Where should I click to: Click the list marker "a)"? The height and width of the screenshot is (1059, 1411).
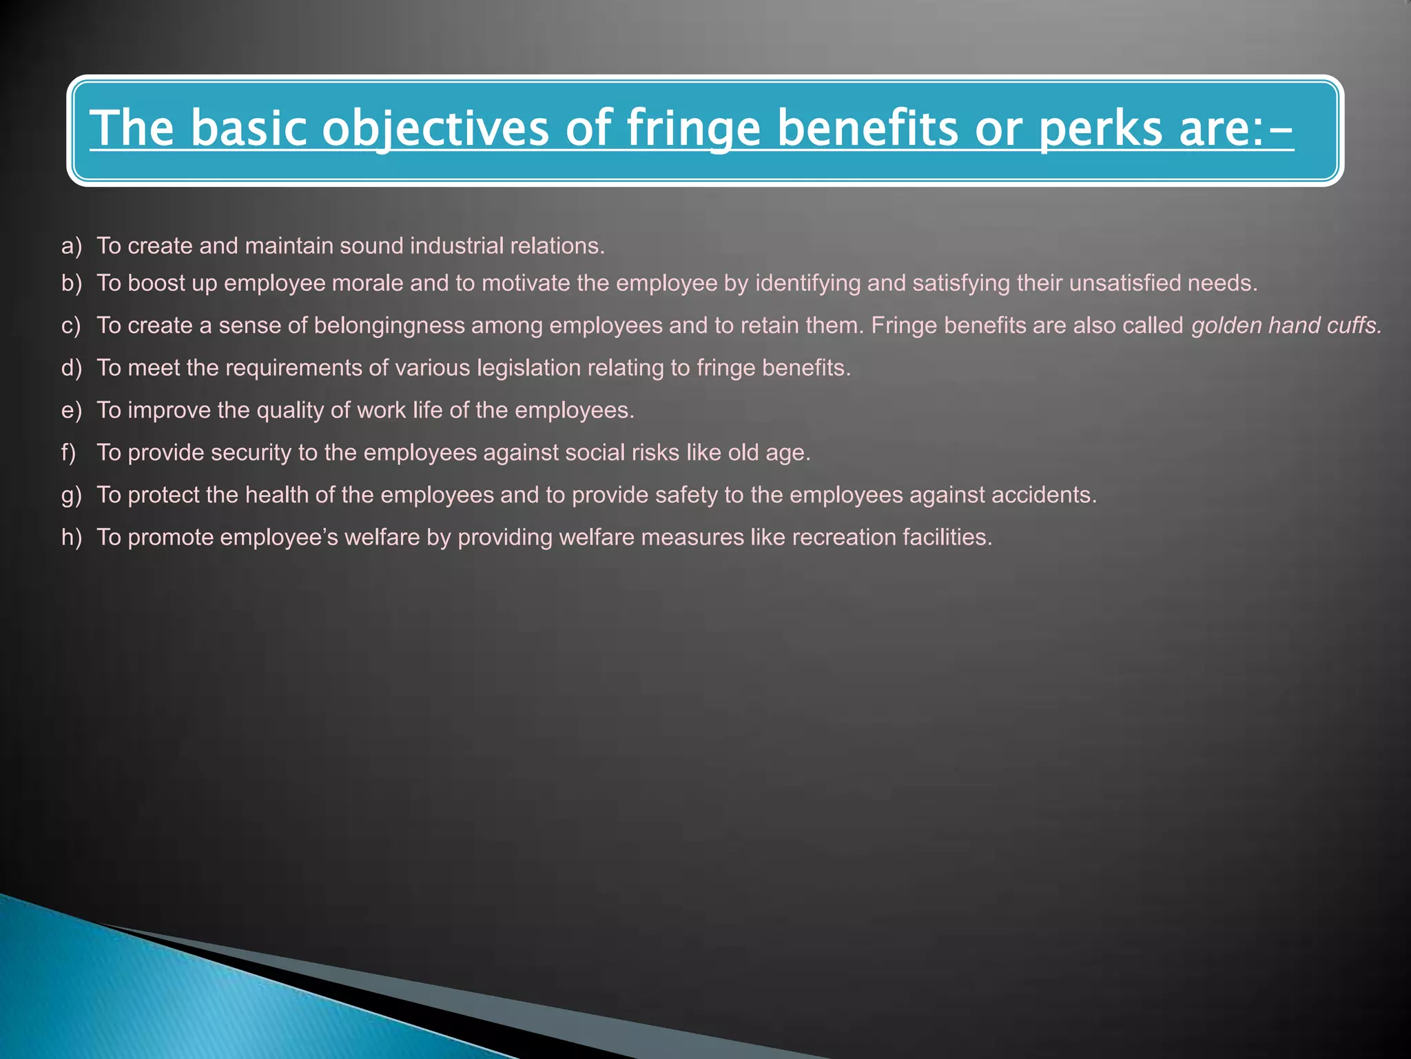point(71,246)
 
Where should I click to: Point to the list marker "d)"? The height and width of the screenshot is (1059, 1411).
point(71,368)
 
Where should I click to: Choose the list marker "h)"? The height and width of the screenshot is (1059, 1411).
point(71,538)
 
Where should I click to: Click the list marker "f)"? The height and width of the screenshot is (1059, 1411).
point(68,453)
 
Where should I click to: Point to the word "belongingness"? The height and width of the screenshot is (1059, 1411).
point(389,325)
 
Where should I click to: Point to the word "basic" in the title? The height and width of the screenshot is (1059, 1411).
point(248,129)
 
